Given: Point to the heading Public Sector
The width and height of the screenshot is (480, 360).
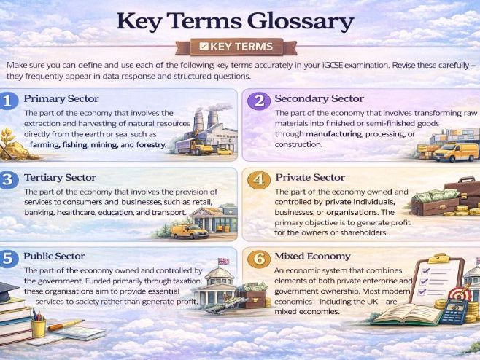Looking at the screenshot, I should tap(54, 257).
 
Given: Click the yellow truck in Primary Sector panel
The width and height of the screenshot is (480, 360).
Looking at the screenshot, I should tap(193, 146).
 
